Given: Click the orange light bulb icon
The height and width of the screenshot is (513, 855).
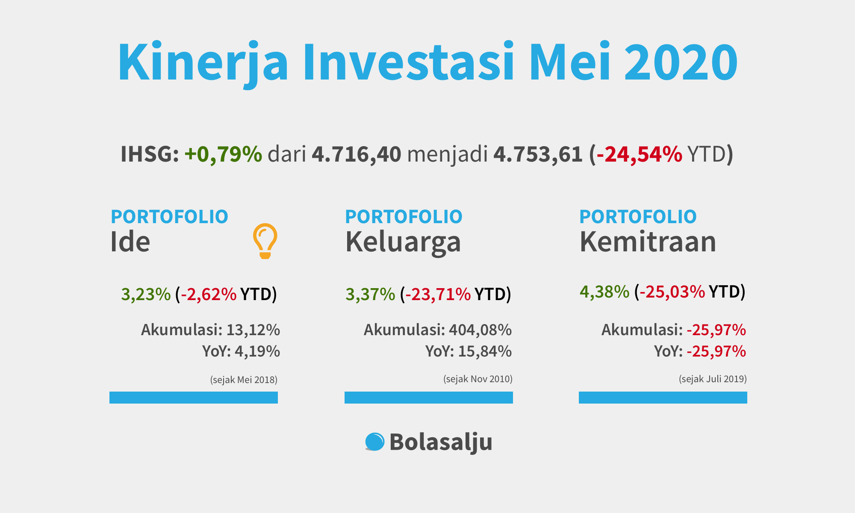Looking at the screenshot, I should pyautogui.click(x=265, y=241).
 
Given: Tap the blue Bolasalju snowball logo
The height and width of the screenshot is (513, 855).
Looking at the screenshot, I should pyautogui.click(x=375, y=442).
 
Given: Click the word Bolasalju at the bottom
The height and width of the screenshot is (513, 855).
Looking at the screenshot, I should pyautogui.click(x=441, y=442).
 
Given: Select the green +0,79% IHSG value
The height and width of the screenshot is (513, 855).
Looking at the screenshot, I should pyautogui.click(x=223, y=154).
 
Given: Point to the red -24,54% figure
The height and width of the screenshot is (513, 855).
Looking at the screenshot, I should pyautogui.click(x=639, y=154).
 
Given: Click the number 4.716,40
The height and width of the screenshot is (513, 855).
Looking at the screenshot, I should pyautogui.click(x=357, y=154).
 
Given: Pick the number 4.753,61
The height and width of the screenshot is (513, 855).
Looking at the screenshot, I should pyautogui.click(x=538, y=154).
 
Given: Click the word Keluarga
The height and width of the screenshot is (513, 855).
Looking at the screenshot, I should pyautogui.click(x=403, y=242).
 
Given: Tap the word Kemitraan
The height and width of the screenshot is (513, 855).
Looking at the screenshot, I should pyautogui.click(x=648, y=242).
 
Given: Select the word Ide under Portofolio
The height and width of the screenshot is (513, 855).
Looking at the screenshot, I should pyautogui.click(x=130, y=242).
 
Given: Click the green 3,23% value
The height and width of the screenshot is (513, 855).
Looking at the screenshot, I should pyautogui.click(x=146, y=295).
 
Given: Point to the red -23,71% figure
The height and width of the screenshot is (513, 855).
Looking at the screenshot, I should pyautogui.click(x=438, y=295).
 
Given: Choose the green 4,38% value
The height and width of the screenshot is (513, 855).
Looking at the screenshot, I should pyautogui.click(x=604, y=292).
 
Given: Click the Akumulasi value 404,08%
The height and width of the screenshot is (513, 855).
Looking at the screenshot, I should pyautogui.click(x=480, y=330).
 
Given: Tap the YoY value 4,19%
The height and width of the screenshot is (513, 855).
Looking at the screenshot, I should pyautogui.click(x=257, y=351).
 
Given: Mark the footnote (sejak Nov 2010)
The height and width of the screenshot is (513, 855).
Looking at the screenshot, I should pyautogui.click(x=478, y=379).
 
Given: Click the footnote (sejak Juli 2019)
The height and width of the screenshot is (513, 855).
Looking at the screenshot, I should pyautogui.click(x=713, y=379).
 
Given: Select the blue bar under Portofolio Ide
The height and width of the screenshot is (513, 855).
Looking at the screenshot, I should pyautogui.click(x=194, y=398).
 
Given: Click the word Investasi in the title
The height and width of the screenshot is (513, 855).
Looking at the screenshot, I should pyautogui.click(x=408, y=62).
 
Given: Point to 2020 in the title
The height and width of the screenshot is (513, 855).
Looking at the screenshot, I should pyautogui.click(x=681, y=62).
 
